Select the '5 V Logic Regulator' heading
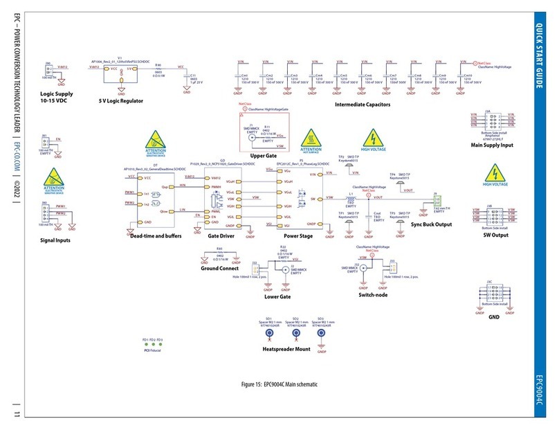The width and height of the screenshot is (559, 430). click(x=122, y=100)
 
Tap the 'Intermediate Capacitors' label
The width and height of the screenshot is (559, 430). click(x=363, y=105)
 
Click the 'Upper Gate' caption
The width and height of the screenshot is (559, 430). click(x=265, y=156)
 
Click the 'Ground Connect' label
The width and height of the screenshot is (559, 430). click(x=219, y=268)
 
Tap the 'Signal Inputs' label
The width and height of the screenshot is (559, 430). click(x=57, y=240)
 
